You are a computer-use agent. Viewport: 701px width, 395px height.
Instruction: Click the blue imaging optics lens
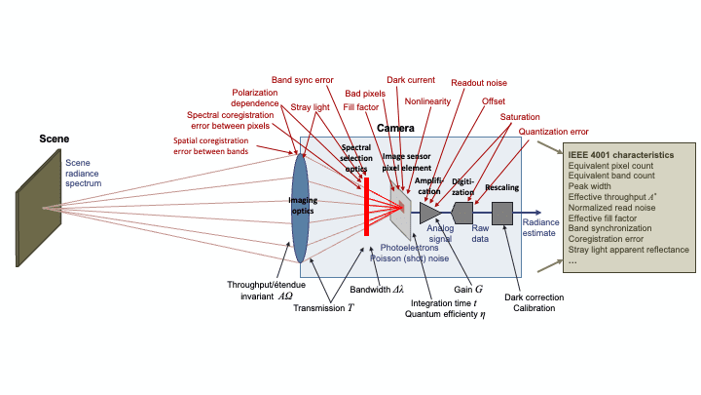point(300,207)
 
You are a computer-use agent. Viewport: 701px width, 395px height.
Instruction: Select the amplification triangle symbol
point(429,213)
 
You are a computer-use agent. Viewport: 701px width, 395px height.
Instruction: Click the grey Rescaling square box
point(502,213)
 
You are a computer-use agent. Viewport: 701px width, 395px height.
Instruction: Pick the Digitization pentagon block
point(463,213)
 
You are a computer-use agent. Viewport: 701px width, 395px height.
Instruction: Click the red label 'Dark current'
point(412,80)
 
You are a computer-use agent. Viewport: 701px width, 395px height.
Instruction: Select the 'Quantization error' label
point(553,131)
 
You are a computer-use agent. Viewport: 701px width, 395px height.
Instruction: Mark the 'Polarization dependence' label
point(255,98)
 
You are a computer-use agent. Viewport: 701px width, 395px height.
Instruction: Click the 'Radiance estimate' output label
point(541,228)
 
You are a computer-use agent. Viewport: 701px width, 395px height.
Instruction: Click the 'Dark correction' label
point(535,296)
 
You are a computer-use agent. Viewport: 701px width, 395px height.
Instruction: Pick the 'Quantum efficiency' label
point(448,314)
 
